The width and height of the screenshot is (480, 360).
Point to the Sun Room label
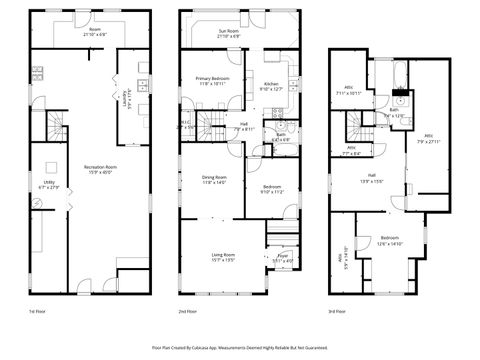(234, 33)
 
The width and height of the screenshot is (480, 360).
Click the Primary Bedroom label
(213, 80)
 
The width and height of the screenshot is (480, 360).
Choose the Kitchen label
(271, 86)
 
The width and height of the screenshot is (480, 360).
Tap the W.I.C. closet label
(187, 126)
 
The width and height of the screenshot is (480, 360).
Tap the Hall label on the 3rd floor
(371, 179)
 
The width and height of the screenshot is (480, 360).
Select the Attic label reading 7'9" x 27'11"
(428, 139)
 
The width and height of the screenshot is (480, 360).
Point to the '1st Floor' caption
(35, 311)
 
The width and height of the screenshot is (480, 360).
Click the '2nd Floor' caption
(187, 311)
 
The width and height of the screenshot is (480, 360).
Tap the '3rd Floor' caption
(337, 311)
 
